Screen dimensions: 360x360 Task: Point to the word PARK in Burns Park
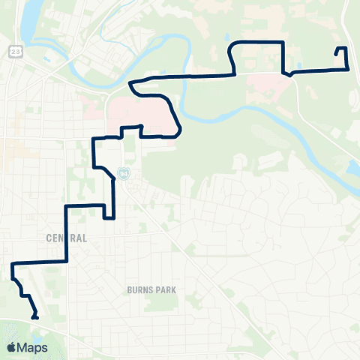[170, 288]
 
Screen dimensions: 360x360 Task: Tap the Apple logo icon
[12, 347]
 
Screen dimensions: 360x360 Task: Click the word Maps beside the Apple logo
[33, 347]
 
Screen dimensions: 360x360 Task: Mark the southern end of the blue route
[35, 318]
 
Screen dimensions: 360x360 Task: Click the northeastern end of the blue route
[337, 53]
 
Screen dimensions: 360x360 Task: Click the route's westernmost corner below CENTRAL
[12, 265]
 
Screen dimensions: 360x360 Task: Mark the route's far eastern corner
[347, 69]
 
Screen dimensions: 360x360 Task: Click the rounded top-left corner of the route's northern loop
[233, 47]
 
